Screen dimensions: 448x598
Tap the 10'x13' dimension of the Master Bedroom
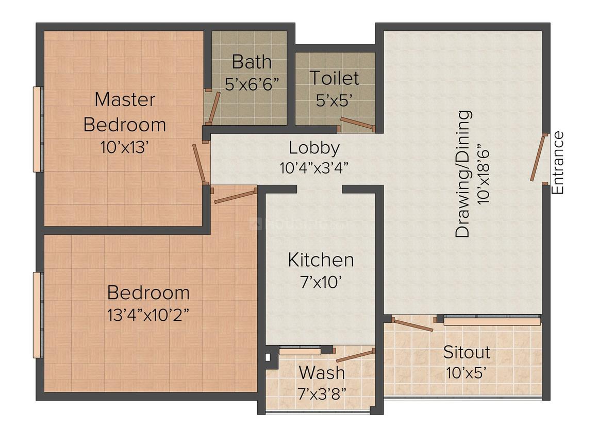click(125, 147)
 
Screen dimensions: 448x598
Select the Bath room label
click(251, 62)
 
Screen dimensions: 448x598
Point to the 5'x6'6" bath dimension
click(255, 83)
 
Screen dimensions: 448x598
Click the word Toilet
click(334, 78)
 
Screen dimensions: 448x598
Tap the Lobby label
click(314, 148)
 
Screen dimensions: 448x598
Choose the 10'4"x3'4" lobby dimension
click(314, 168)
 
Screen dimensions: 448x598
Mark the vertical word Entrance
click(558, 163)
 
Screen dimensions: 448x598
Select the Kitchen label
click(321, 260)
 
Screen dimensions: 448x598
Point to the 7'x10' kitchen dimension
click(321, 282)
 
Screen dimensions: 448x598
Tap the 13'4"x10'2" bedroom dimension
click(148, 314)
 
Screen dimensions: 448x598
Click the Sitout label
click(467, 353)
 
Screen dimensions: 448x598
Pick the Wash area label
click(322, 372)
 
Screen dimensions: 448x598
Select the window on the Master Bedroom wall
click(38, 129)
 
